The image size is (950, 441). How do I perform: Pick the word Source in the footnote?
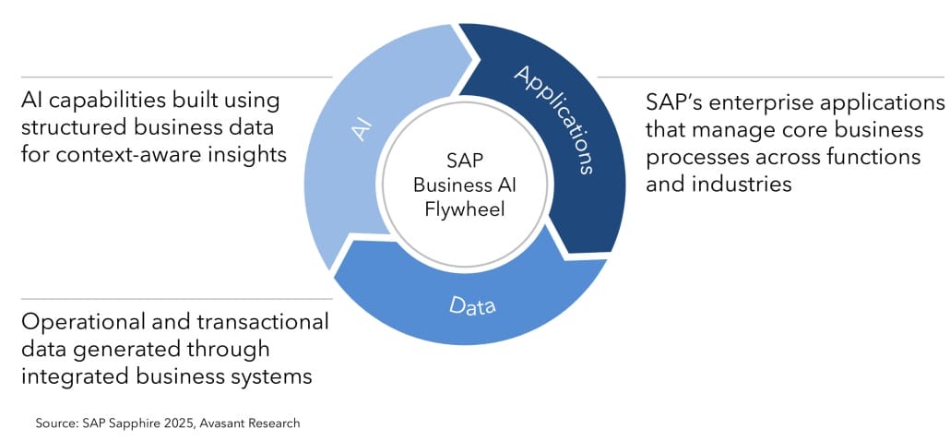[54, 423]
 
